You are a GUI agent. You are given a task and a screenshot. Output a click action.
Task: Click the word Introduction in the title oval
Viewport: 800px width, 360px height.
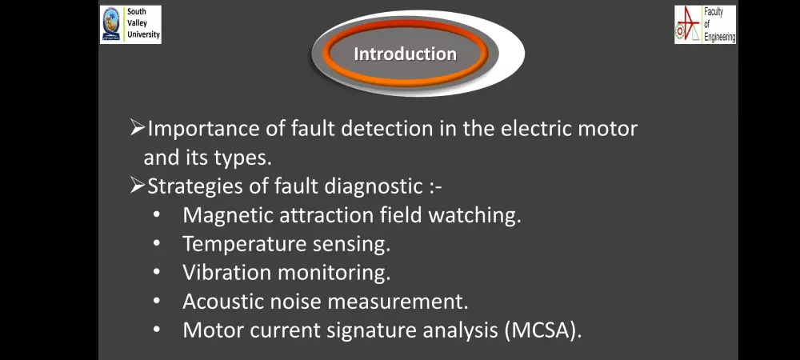click(x=405, y=54)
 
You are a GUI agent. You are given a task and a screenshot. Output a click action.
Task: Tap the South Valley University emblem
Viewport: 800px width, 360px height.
click(x=112, y=25)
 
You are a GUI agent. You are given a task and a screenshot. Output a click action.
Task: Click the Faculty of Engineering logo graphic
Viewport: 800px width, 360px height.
click(x=688, y=25)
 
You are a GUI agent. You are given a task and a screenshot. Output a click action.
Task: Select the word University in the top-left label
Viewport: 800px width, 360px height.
click(x=143, y=35)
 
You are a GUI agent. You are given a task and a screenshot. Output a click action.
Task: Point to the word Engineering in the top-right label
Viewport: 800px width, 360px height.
click(x=719, y=37)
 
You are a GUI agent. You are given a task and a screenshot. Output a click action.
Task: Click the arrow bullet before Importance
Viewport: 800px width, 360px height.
click(x=137, y=128)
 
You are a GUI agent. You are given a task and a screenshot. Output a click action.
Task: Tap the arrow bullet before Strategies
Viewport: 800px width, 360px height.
click(x=137, y=186)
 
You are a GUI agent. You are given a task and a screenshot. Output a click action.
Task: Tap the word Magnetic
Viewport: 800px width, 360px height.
click(x=222, y=216)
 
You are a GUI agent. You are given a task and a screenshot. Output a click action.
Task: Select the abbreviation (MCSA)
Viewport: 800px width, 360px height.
click(x=542, y=330)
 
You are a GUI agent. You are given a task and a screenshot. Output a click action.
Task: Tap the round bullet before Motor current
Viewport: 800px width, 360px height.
click(x=158, y=329)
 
